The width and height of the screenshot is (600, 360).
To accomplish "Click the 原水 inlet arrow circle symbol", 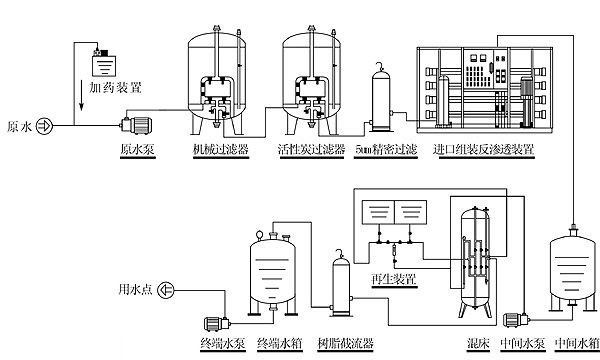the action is [44, 126].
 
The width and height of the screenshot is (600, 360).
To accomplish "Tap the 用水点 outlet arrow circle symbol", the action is [166, 290].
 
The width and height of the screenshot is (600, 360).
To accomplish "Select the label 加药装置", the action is [116, 88].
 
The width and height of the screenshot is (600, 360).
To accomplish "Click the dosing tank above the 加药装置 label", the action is [104, 63].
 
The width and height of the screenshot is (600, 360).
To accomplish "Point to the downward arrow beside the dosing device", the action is [82, 95].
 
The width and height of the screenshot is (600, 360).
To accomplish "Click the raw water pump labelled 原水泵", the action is [136, 125].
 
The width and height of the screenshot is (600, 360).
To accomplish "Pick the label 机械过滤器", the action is [221, 149].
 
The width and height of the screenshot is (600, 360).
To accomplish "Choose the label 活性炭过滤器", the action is [311, 149].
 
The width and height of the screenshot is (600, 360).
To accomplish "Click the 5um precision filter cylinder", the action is [382, 99].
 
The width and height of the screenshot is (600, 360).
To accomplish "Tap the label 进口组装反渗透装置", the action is [484, 149].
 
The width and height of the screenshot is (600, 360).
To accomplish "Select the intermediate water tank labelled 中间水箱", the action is [573, 268].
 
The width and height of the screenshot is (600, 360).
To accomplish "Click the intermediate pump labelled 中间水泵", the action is [516, 320].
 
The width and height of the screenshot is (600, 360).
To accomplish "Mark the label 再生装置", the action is [394, 279].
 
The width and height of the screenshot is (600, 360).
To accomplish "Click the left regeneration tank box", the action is [378, 212].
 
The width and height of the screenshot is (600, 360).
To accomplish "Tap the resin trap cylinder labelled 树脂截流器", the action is [341, 286].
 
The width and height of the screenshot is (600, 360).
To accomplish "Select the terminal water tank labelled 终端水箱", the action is [273, 272].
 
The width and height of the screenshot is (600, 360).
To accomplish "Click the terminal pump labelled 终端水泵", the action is [217, 324].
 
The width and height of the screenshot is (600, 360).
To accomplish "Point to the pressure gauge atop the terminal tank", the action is [260, 234].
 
